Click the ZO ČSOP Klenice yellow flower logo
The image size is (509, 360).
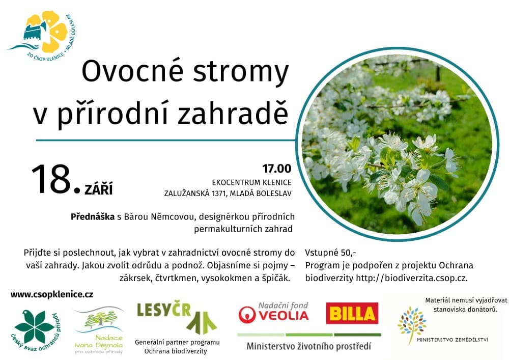click(x=42, y=36)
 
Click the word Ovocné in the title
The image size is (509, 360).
click(x=133, y=71)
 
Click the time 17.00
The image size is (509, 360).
click(x=277, y=169)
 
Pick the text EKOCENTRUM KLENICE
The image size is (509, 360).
click(x=251, y=182)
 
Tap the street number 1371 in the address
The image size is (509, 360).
click(x=218, y=193)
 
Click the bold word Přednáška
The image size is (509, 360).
click(x=93, y=217)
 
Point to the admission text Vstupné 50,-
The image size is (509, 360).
click(x=330, y=253)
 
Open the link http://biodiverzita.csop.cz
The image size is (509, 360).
click(x=411, y=278)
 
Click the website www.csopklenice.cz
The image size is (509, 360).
click(x=52, y=295)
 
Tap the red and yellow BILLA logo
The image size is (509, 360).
click(x=352, y=313)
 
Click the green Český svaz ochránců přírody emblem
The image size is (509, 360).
click(x=36, y=330)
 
